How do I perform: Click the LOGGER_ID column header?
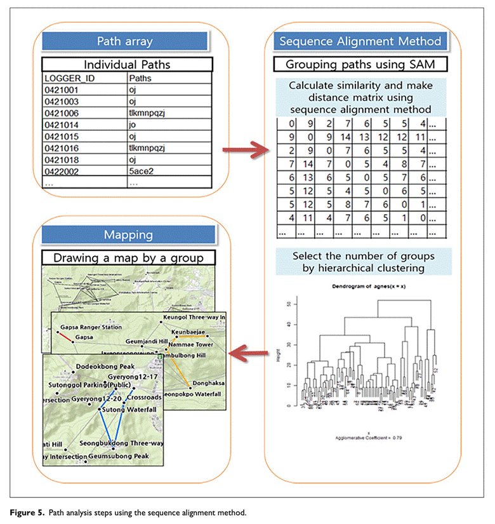click(x=65, y=78)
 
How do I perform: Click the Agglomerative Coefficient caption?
click(x=359, y=438)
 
